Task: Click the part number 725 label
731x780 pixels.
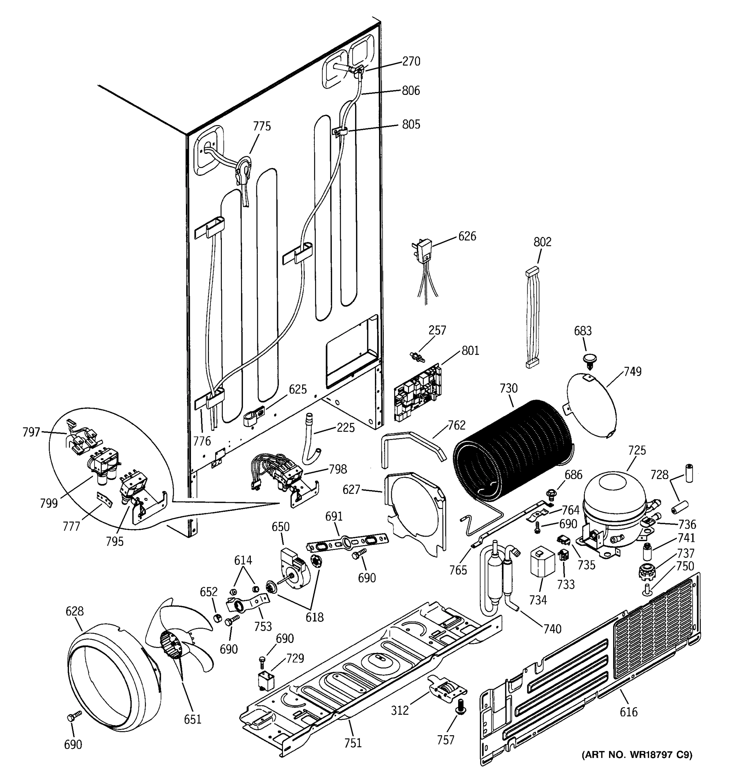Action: point(636,450)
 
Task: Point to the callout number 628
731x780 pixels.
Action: point(74,611)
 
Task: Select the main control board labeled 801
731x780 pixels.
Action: point(417,393)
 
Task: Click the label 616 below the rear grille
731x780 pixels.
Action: point(629,712)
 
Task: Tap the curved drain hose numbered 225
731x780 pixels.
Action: point(311,438)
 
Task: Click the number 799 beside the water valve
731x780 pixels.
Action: point(49,503)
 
